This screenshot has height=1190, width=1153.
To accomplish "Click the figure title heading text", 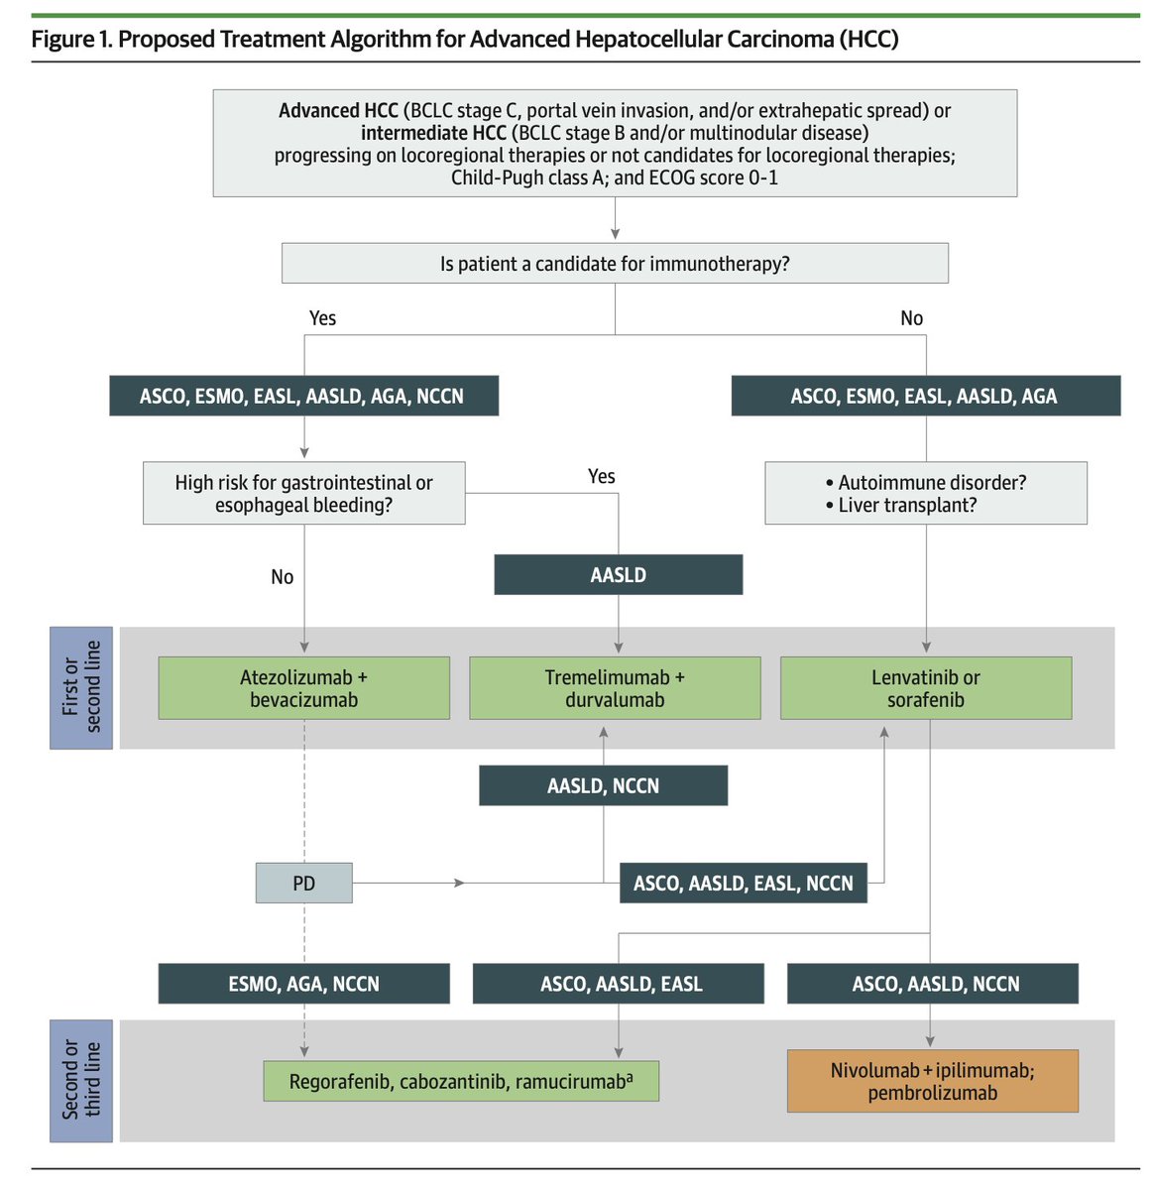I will coord(464,40).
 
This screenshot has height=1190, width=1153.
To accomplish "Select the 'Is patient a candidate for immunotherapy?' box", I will coord(615,264).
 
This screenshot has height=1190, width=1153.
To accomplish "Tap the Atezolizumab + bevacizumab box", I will coord(303,688).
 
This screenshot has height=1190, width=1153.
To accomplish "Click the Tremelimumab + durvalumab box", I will coord(615,688).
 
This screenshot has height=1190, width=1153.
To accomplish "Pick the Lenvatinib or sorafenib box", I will coord(926,688).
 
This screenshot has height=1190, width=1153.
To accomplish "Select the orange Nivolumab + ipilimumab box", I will coord(932,1081).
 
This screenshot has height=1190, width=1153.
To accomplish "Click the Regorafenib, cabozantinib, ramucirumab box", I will coord(461,1081).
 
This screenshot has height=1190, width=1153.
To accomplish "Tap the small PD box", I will coord(303,883).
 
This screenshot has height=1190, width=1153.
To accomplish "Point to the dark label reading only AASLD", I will coord(618,575).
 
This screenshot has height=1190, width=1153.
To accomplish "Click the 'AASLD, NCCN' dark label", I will coord(603,785).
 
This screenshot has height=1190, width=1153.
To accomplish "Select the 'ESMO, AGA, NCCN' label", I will coord(303,984).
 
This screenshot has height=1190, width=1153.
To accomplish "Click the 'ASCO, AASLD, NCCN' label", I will coord(932,984).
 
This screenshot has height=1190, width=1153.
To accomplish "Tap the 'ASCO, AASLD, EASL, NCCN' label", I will coord(743,883).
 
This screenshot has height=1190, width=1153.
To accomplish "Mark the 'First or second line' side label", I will coord(81,687).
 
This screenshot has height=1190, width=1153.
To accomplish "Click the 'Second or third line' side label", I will coord(81,1080).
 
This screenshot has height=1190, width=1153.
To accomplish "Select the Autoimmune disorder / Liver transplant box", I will coord(926,493).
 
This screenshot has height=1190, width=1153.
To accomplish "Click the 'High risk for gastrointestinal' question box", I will coord(303,493).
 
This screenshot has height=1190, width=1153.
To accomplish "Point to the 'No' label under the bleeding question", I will coord(282,577).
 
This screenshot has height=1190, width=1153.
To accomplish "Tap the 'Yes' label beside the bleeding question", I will coord(601,477).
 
